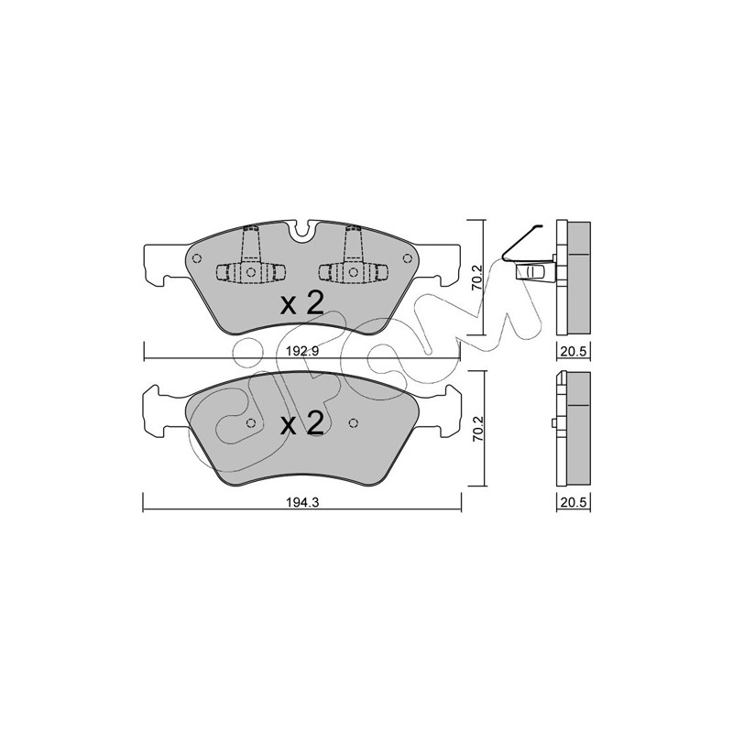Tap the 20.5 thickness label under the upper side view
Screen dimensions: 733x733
click(574, 351)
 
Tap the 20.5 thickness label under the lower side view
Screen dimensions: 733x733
click(574, 502)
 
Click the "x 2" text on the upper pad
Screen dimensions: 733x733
click(302, 304)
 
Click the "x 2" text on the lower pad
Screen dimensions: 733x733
click(302, 424)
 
